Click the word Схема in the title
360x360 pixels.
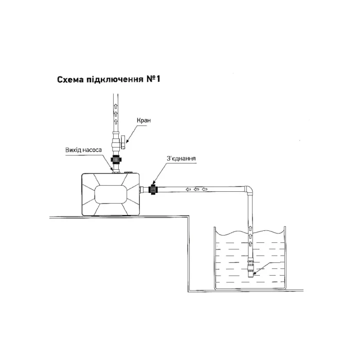click(70, 79)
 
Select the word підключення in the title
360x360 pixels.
click(115, 80)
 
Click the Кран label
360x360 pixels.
click(143, 120)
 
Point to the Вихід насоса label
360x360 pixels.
click(83, 150)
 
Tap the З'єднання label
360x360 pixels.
click(181, 158)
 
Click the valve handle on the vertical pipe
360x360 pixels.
click(123, 142)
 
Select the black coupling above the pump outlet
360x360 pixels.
click(116, 159)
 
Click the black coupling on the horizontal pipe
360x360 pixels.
click(152, 190)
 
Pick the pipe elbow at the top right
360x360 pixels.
click(248, 190)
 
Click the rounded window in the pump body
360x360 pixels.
click(111, 194)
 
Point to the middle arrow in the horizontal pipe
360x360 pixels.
click(196, 189)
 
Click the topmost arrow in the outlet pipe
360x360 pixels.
click(116, 107)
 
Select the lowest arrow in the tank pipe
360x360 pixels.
click(250, 244)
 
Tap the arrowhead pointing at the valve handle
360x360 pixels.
click(127, 141)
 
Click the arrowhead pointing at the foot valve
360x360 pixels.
click(255, 273)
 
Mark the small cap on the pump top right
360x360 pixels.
click(128, 172)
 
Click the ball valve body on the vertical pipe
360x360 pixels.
click(116, 145)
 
